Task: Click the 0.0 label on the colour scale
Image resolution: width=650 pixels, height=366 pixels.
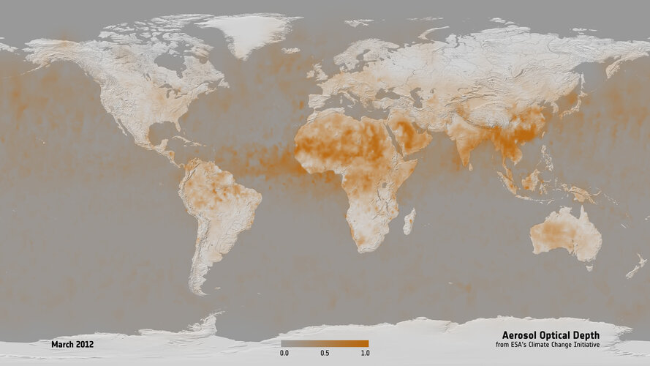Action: pos(284,353)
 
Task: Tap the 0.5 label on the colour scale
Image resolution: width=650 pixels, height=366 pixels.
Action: pos(325,353)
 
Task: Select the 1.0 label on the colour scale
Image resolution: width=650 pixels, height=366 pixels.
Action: pos(365,353)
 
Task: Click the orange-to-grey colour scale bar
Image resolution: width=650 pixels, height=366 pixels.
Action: pos(325,343)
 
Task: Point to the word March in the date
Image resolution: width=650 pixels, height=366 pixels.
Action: pos(63,343)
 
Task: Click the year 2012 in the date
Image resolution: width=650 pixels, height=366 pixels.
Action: pos(85,343)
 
